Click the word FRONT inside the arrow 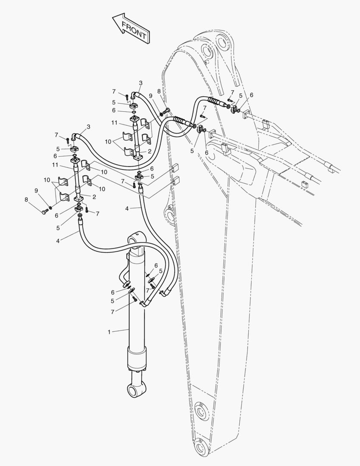134,30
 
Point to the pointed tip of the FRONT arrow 112,18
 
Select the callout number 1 109,332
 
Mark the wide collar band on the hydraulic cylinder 137,359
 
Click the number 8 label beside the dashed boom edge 159,91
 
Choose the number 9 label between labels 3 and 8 150,96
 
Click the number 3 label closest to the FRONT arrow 141,83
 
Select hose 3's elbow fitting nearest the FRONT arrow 133,95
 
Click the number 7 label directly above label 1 113,312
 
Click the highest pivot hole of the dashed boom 222,41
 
